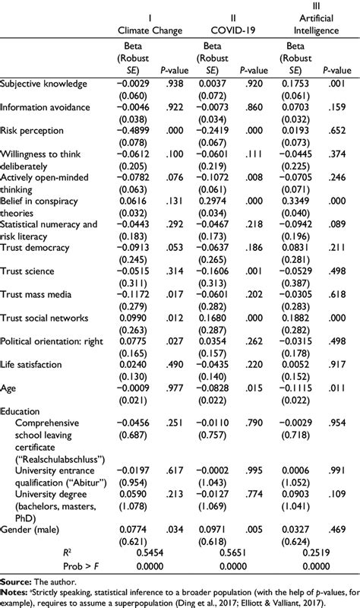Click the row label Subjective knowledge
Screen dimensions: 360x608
pyautogui.click(x=43, y=83)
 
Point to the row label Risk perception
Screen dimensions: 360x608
pyautogui.click(x=32, y=132)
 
